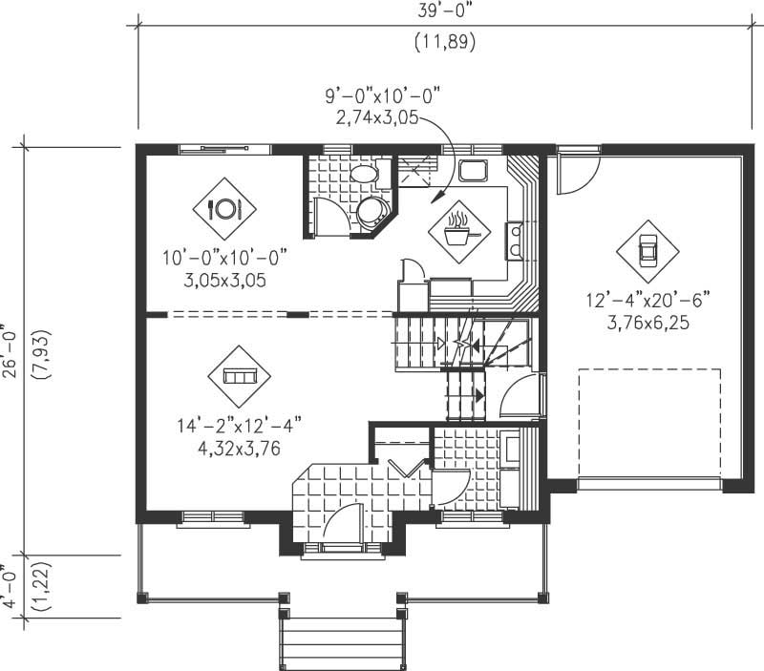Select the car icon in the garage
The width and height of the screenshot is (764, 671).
tap(647, 251)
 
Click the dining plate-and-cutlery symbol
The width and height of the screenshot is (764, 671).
tap(224, 208)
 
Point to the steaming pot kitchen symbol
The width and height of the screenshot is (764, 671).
tap(459, 230)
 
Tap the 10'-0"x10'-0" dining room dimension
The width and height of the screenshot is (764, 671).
tap(224, 258)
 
